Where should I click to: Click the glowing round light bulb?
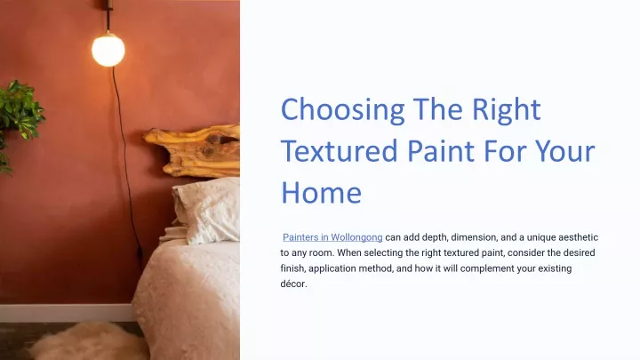tap(108, 50)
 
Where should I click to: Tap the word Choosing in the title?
tap(343, 110)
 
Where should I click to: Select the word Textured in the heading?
tap(340, 150)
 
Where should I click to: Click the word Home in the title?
tap(321, 193)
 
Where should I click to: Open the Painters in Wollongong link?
tap(332, 237)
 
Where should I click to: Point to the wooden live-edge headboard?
tap(192, 150)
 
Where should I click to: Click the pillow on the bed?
tap(206, 210)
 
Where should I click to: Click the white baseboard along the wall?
tap(67, 313)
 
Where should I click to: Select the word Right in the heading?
tap(506, 110)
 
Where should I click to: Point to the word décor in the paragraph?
tap(293, 284)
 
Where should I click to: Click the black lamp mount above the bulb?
tap(109, 15)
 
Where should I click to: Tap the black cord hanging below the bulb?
tap(125, 164)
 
